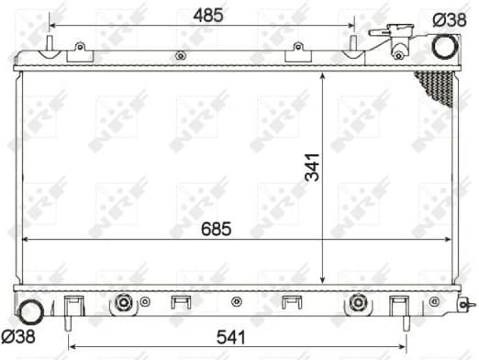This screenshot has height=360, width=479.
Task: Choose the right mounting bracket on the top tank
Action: pos(295,53)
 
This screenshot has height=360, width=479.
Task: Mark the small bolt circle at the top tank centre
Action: pos(175,57)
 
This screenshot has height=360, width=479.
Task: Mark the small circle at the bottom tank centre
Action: pos(237,301)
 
